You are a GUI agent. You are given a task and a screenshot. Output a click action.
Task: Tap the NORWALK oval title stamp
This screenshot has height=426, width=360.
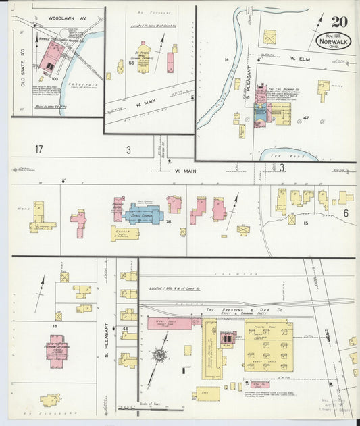pyautogui.click(x=333, y=41)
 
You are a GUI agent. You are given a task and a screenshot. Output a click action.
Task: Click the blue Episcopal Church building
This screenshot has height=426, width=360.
pyautogui.click(x=143, y=215)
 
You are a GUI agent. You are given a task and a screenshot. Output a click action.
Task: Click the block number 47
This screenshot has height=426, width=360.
pyautogui.click(x=305, y=118)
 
